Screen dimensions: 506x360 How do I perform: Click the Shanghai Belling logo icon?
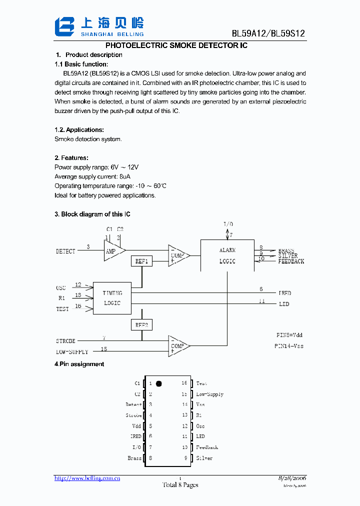64,26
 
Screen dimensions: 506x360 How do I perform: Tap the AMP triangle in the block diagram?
112,251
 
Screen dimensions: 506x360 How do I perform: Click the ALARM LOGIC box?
227,255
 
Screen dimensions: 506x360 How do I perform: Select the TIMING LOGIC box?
112,298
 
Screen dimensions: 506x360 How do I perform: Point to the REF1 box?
141,261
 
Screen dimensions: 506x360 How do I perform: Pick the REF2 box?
141,325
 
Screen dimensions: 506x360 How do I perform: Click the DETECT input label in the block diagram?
65,251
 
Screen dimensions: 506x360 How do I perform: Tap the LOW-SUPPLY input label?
72,352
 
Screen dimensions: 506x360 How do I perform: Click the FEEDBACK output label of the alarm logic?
291,261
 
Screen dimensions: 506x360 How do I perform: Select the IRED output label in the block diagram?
284,293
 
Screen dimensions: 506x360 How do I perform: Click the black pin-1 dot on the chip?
159,384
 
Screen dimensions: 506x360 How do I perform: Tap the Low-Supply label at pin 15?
209,394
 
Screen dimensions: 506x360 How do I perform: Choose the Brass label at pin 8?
134,458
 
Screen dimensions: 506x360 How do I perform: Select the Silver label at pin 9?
204,458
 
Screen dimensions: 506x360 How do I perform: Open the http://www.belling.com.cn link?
87,478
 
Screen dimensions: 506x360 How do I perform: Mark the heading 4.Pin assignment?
79,364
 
